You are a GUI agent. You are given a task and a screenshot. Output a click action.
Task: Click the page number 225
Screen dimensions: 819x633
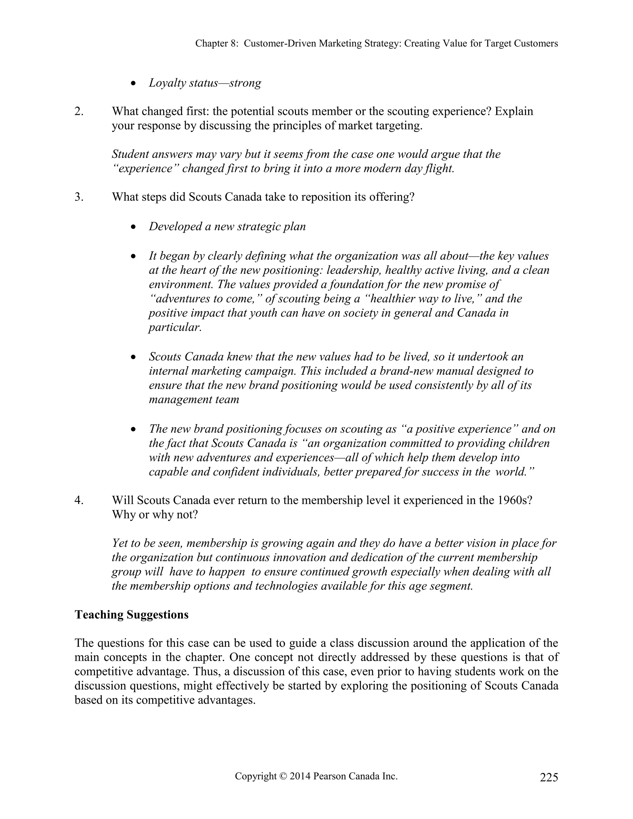(x=549, y=777)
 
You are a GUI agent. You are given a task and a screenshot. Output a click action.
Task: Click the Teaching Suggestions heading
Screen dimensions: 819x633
(x=131, y=615)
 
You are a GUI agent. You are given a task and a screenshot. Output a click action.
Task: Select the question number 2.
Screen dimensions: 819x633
(x=79, y=111)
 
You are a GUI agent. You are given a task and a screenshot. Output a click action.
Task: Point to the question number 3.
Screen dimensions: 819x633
(x=79, y=197)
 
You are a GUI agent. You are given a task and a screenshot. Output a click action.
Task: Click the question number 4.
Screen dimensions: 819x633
(x=79, y=500)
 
